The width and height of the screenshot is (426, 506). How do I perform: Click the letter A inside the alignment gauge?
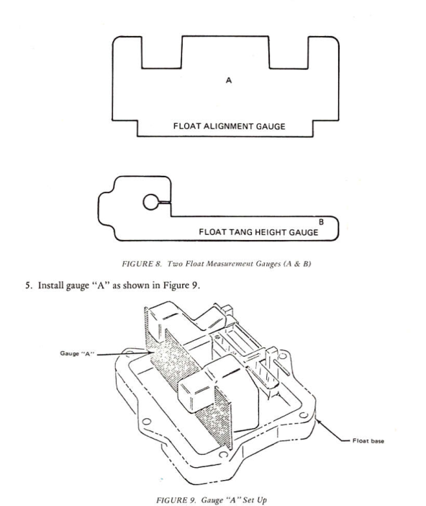(x=228, y=80)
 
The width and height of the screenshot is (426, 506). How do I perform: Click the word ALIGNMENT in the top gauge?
(x=229, y=126)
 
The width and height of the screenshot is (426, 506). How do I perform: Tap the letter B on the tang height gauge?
(x=321, y=222)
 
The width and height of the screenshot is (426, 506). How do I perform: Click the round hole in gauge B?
(x=150, y=203)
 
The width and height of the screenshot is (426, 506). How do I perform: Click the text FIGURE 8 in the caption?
(x=142, y=264)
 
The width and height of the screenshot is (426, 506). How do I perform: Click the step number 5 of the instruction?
(x=29, y=285)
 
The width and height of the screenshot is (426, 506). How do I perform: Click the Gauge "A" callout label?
(x=77, y=353)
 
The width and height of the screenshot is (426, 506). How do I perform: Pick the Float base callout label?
(x=368, y=441)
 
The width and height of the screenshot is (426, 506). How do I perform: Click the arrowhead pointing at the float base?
(x=318, y=422)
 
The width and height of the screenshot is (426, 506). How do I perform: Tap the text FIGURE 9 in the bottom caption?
(x=176, y=500)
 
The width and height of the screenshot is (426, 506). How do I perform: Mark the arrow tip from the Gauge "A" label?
(x=152, y=353)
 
